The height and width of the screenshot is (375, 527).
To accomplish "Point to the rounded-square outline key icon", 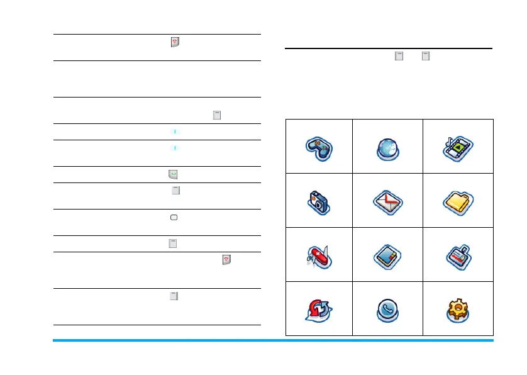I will click(174, 217).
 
